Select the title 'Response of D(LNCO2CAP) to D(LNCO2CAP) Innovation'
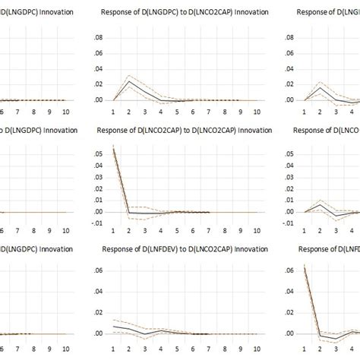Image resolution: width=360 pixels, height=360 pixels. click(179, 130)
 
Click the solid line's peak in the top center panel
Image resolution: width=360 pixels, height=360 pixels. click(129, 81)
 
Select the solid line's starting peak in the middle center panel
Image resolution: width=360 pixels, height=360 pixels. click(114, 147)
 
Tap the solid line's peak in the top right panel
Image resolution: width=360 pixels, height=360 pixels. click(320, 87)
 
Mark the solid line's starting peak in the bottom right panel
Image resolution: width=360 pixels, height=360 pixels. click(305, 265)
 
